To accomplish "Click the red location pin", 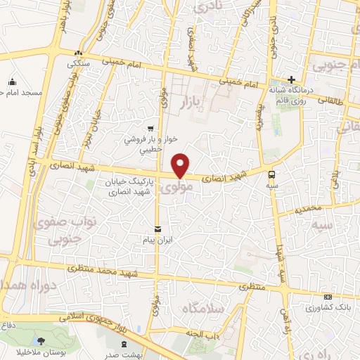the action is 181,165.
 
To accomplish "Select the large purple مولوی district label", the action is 172,188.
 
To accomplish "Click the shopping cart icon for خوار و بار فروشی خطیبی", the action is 150,128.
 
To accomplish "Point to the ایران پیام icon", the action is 157,229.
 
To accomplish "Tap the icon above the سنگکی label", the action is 79,53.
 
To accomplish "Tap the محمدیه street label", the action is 309,209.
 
